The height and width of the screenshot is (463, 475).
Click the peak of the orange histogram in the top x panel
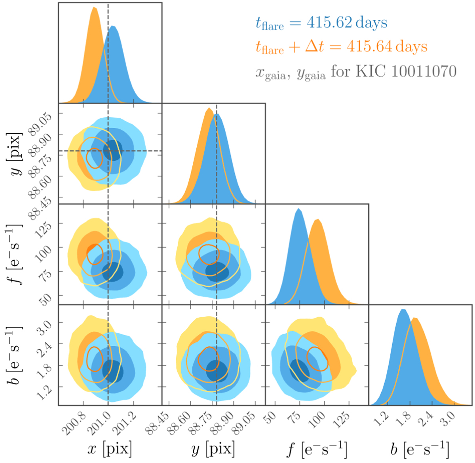pyautogui.click(x=94, y=8)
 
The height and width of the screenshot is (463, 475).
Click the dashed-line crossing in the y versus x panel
pyautogui.click(x=108, y=151)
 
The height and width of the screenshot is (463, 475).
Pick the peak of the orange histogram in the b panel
pyautogui.click(x=414, y=318)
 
